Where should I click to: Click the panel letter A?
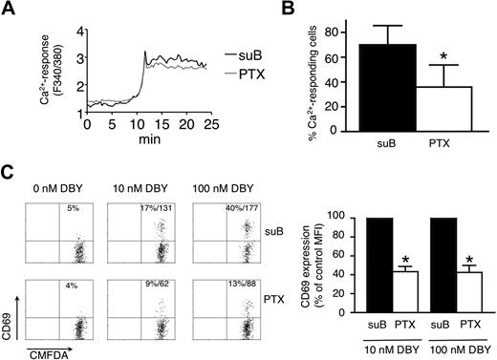click(9, 9)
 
